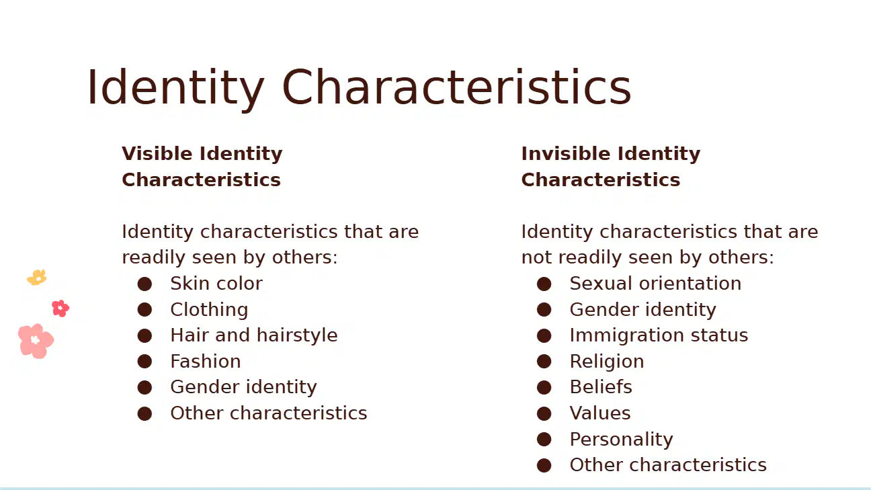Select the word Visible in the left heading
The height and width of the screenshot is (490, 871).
click(x=157, y=154)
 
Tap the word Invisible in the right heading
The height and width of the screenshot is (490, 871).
click(x=566, y=154)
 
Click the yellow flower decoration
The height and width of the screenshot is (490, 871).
click(x=37, y=278)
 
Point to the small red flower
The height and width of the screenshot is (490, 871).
click(x=60, y=309)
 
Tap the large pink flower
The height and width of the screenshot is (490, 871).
click(x=36, y=341)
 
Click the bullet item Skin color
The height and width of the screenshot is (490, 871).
click(x=216, y=284)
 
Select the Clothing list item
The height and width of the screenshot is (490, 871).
click(x=209, y=310)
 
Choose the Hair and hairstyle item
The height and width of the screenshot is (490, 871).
click(x=254, y=335)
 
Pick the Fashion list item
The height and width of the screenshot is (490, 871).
click(x=206, y=361)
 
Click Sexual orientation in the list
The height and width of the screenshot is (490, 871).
click(x=655, y=284)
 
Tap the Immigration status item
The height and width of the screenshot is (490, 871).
click(x=659, y=335)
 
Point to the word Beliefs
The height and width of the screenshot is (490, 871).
click(x=601, y=387)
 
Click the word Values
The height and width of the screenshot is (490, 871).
click(x=600, y=413)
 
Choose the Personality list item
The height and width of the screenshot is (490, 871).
click(x=621, y=440)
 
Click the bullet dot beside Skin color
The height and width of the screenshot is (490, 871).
click(x=144, y=284)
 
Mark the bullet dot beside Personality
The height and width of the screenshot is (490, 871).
click(x=544, y=440)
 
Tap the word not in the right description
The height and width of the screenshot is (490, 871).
click(x=536, y=257)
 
